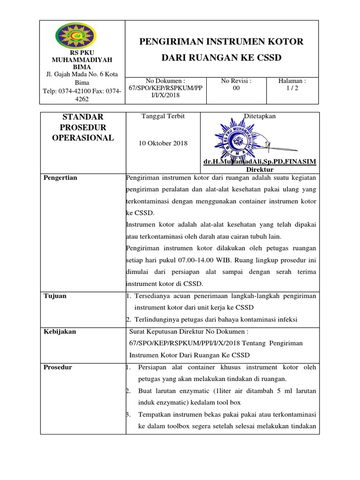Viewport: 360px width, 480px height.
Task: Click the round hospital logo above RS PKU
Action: [75, 37]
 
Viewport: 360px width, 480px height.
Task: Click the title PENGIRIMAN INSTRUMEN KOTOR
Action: [222, 42]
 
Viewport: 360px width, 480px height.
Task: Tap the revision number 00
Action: [236, 88]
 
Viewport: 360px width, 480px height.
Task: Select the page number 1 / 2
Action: [292, 88]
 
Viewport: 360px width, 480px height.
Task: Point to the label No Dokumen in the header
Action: [162, 80]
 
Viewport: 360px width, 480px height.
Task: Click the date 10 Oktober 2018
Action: [163, 143]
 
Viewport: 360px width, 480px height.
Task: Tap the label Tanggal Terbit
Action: [163, 116]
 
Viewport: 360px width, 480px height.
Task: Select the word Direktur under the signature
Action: [260, 169]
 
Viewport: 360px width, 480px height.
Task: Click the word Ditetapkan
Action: [260, 116]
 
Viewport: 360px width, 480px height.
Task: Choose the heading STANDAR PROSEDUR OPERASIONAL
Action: [82, 127]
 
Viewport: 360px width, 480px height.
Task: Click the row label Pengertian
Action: [60, 178]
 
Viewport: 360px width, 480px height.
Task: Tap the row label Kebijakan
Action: [60, 331]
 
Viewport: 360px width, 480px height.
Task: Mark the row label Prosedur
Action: [58, 367]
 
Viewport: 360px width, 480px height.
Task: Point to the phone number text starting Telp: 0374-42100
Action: [82, 91]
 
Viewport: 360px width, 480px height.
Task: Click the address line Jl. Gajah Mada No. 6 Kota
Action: [82, 74]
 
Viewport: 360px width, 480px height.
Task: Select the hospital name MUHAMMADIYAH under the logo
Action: [82, 60]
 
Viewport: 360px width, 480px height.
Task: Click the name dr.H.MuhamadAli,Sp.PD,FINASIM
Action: [260, 162]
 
